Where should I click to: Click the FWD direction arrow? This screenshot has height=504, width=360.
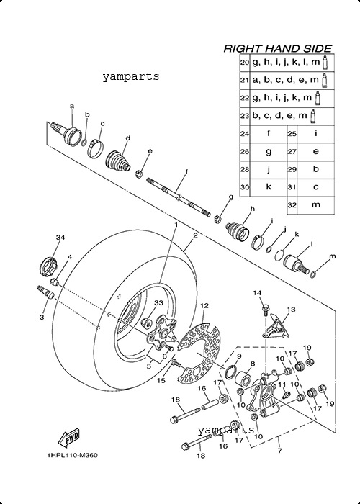[x=68, y=438]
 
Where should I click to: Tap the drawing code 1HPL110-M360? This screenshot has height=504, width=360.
[x=72, y=456]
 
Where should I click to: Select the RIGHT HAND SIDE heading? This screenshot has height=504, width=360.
[x=277, y=48]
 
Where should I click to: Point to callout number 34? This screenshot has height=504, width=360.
[x=60, y=238]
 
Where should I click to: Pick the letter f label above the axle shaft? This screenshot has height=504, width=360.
[x=186, y=172]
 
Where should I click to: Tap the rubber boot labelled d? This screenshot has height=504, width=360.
[x=118, y=161]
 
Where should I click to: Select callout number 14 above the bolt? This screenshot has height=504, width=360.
[x=257, y=293]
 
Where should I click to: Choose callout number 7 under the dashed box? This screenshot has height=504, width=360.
[x=279, y=451]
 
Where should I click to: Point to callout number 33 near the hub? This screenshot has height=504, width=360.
[x=158, y=303]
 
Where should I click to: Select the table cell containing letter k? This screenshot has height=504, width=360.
[x=268, y=187]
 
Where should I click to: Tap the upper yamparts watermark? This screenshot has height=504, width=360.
[x=131, y=77]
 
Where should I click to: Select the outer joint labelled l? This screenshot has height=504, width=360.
[x=296, y=264]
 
